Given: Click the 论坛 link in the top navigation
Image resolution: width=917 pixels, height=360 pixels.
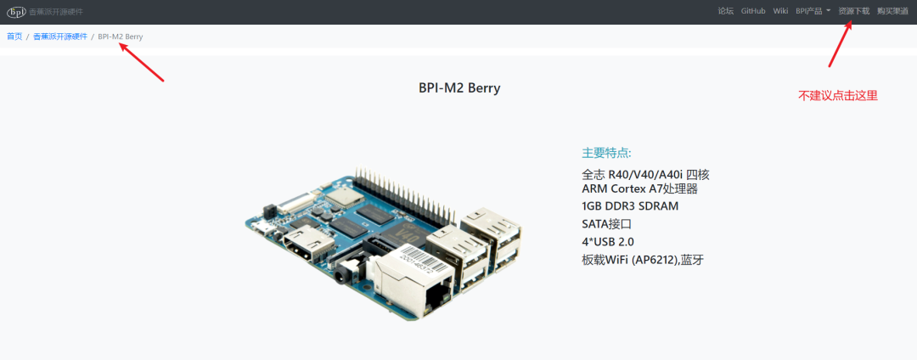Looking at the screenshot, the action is [x=725, y=11].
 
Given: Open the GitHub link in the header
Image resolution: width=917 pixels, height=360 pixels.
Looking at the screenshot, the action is [x=753, y=11].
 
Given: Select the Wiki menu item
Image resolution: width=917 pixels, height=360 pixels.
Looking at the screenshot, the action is [x=780, y=11].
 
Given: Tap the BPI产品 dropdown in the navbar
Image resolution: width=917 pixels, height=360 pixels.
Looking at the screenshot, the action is [x=813, y=11].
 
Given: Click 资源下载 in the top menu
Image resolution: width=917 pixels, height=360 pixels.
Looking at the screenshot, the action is [x=853, y=11].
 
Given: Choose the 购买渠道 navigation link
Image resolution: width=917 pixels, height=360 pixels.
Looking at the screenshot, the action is [x=892, y=11].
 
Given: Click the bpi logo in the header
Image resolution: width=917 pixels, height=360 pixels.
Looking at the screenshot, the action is [x=16, y=12].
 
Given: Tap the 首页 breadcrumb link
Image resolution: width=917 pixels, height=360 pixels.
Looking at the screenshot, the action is [x=14, y=37].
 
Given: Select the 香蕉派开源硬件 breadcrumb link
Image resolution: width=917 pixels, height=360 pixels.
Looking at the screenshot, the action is [x=59, y=37].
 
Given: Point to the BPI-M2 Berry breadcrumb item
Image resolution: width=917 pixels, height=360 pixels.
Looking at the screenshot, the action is [x=120, y=37].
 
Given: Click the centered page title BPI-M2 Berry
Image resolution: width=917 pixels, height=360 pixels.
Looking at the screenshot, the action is [x=459, y=87].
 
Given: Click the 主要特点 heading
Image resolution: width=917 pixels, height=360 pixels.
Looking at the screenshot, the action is [x=606, y=153].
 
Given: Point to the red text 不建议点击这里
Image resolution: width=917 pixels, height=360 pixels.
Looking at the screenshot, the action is [x=837, y=96].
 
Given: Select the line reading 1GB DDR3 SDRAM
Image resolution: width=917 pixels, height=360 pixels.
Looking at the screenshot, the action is [x=630, y=205].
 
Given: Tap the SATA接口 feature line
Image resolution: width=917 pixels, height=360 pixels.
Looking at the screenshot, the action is [x=606, y=223].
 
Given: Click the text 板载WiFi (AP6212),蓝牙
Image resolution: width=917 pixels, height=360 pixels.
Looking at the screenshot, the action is [x=643, y=259].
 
